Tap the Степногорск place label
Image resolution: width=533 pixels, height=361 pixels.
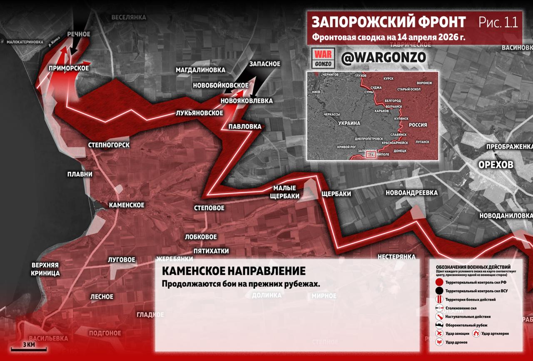tap(109, 145)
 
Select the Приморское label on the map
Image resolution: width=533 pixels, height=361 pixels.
tap(69, 68)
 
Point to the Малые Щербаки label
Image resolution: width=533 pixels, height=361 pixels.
tap(284, 192)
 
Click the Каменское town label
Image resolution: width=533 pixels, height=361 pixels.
tap(127, 205)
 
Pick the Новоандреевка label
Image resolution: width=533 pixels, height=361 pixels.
tap(411, 193)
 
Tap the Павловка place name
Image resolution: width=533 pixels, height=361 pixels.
tap(245, 127)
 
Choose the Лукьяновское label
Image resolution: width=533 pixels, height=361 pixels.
tap(199, 113)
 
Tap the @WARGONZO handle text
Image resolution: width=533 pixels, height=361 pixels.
tap(383, 58)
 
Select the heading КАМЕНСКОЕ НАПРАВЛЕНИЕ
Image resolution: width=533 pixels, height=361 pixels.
tap(233, 271)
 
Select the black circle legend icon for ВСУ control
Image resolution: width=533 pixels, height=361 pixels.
tap(438, 291)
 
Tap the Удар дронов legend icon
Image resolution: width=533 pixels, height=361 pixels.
tap(438, 342)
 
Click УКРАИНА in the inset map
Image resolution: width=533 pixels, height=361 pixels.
tap(349, 124)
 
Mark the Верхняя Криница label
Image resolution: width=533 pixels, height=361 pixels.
tap(45, 269)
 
